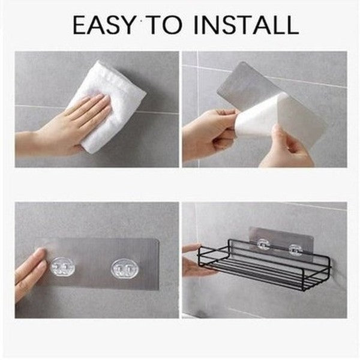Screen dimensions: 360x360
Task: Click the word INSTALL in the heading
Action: click(247, 25)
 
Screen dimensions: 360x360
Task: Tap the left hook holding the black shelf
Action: click(262, 245)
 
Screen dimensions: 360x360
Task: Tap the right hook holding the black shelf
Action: click(294, 248)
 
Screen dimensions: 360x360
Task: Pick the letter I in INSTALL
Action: click(200, 25)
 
